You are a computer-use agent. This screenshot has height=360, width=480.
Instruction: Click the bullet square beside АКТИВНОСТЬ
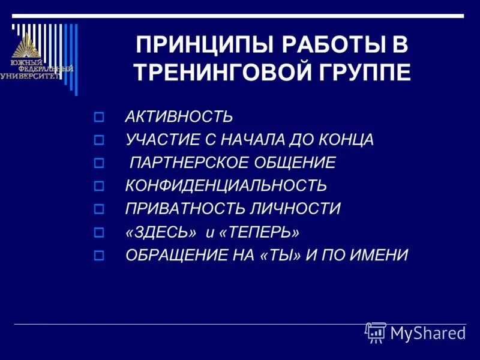click(100, 116)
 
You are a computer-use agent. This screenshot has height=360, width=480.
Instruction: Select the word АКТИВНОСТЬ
click(178, 116)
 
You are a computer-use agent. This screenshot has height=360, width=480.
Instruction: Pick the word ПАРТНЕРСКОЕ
click(191, 163)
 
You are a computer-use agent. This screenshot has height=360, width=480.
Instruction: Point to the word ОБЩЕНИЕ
click(296, 163)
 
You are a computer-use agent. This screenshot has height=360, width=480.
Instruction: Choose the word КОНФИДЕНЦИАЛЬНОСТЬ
click(226, 185)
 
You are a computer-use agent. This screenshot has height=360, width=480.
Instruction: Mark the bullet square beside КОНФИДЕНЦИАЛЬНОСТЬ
click(100, 186)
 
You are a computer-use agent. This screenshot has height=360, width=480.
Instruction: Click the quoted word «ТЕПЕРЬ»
click(259, 232)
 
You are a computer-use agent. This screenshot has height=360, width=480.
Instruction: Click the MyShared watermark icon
click(376, 332)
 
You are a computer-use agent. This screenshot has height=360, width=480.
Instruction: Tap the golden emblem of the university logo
click(26, 46)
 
